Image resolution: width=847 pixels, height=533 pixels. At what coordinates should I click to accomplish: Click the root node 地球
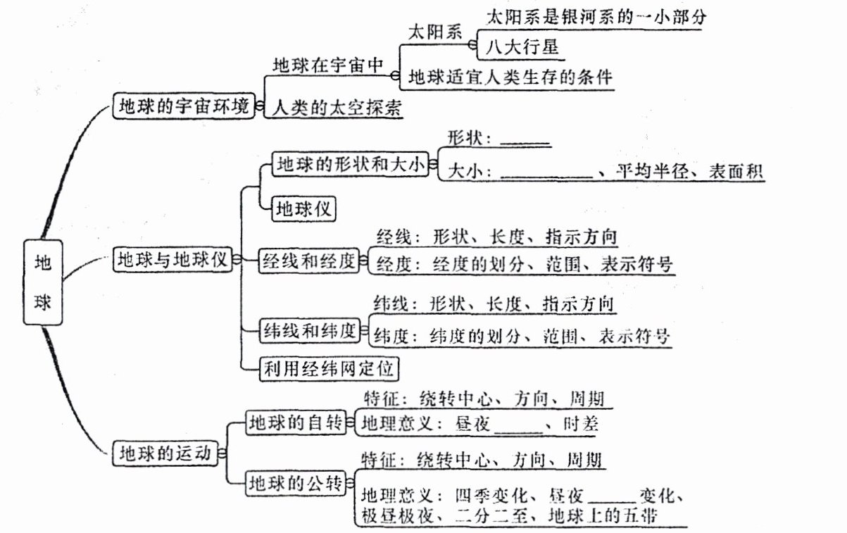point(43,282)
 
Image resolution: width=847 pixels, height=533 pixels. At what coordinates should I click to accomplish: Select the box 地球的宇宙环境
point(183,107)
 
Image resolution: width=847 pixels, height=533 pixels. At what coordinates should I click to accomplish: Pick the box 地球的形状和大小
point(350,165)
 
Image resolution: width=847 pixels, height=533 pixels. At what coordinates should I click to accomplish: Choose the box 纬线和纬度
point(309,331)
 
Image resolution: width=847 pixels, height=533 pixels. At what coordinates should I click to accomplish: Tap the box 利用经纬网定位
point(329,368)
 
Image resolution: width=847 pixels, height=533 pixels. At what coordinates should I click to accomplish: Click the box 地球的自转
point(295,422)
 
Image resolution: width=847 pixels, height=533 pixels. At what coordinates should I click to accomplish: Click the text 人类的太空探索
point(337,108)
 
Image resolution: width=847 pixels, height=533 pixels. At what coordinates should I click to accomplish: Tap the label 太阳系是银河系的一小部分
point(595,17)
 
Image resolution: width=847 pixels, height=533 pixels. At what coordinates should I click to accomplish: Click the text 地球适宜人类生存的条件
point(510,77)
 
